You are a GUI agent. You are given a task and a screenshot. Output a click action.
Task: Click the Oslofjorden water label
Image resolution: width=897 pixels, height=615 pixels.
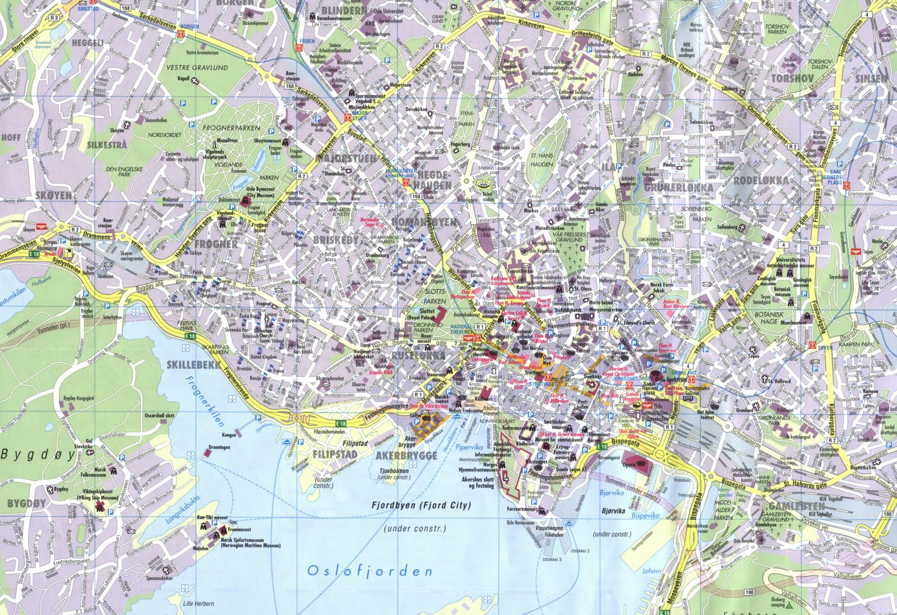pos(370,571)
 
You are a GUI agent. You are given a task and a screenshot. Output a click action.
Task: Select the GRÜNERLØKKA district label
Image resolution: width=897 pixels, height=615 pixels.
pos(678,188)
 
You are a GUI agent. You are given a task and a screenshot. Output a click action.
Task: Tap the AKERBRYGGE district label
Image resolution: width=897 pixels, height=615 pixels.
pos(406,455)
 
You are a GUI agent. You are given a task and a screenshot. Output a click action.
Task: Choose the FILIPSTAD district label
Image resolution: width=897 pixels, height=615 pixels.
pos(332,454)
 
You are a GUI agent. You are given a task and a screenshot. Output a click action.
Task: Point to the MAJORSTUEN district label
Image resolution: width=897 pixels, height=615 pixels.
pos(346,159)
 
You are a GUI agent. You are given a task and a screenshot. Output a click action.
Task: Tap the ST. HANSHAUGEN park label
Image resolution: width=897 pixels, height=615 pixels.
pos(542,160)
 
